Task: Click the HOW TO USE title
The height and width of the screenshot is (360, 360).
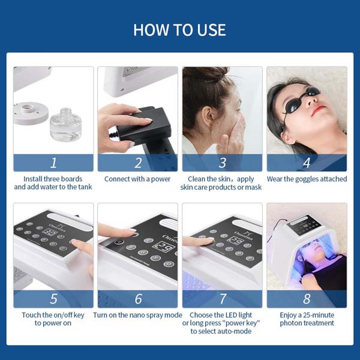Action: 180,29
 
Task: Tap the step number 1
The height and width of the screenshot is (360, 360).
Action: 53,163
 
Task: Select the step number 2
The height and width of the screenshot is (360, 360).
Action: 138,163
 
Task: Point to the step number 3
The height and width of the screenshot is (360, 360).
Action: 223,163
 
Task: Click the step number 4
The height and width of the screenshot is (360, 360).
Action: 307,163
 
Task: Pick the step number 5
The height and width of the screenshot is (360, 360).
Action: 53,299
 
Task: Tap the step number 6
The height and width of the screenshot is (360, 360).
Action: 138,299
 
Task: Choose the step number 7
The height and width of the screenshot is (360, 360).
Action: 223,299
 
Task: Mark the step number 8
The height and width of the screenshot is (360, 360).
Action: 307,299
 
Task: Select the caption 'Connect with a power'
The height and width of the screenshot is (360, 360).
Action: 137,179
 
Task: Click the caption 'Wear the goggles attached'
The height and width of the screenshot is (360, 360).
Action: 307,179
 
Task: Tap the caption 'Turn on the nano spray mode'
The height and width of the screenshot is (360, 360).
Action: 137,315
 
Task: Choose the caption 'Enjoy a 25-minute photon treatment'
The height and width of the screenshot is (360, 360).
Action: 307,319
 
